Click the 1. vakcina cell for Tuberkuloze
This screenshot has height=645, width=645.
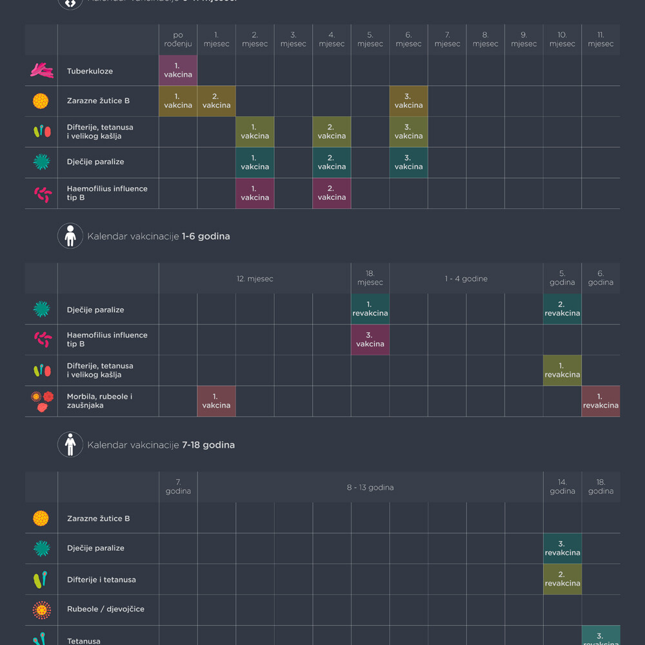(178, 70)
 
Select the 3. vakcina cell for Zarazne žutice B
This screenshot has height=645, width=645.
(408, 101)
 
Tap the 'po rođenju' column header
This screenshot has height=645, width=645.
(178, 39)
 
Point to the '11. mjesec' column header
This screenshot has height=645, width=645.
(600, 39)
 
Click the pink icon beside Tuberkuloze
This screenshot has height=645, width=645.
(41, 71)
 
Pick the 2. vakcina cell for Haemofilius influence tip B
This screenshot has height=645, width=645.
(332, 193)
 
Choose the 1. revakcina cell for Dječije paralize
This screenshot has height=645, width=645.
(370, 309)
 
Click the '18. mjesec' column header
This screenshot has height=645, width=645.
(370, 278)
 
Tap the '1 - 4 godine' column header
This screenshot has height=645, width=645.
(466, 279)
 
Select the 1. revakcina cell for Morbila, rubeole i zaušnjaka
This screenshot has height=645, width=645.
(600, 401)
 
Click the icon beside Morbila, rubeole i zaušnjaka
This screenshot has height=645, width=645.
(41, 401)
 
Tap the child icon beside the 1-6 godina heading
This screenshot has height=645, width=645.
(70, 236)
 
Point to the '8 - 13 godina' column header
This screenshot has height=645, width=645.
(370, 487)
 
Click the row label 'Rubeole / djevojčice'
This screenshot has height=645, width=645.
(106, 609)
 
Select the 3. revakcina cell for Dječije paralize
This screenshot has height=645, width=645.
(562, 548)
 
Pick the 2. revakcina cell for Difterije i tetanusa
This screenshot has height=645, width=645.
(562, 579)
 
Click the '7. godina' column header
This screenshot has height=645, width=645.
(178, 487)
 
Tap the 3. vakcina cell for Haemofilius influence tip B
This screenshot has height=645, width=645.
(370, 340)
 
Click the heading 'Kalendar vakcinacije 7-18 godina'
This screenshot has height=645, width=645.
(161, 445)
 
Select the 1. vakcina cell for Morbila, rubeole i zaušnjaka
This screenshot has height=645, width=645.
(216, 401)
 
